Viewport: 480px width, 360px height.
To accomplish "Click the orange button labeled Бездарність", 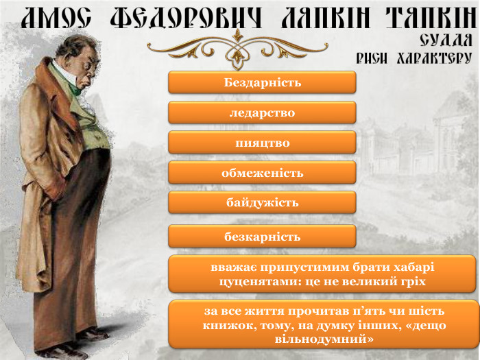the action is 262,82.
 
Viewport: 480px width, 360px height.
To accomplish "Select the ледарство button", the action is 262,112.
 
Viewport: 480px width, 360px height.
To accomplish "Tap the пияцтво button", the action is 262,143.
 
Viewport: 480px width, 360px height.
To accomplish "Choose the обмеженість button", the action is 262,172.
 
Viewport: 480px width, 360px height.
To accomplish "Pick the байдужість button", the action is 262,202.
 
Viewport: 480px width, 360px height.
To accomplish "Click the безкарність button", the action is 262,236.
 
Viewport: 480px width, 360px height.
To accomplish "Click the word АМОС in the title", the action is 56,17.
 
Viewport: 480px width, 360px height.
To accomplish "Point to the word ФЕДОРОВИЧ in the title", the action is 186,17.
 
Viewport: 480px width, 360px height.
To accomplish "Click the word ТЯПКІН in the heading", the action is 432,17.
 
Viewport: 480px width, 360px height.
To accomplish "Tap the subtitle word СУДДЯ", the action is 446,40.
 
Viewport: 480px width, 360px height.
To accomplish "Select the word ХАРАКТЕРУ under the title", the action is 434,58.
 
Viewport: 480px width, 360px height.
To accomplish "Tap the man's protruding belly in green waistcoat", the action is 99,134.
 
